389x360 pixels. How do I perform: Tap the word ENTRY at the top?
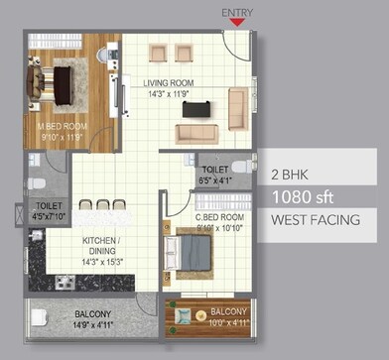[x=235, y=12]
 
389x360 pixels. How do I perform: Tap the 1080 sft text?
[x=303, y=196]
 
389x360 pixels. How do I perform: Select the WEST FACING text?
[x=315, y=220]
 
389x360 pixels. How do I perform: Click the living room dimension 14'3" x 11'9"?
[x=167, y=95]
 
